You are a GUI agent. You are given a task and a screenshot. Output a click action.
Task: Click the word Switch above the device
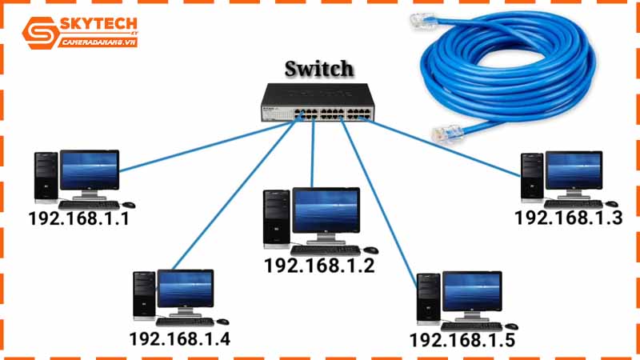318,69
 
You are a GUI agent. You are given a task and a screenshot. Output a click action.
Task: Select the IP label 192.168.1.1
78,218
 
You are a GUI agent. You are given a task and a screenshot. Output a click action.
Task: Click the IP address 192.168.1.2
319,266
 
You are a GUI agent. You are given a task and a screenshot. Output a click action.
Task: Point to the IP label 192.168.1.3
569,218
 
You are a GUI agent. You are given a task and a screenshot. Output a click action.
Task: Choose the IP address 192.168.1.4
179,338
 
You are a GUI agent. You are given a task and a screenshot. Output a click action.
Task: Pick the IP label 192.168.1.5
462,340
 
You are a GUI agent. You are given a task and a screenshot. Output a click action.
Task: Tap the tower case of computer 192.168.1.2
277,218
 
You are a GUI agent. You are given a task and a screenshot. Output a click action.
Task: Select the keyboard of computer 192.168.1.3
573,204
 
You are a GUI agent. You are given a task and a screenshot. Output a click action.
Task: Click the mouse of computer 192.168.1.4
222,322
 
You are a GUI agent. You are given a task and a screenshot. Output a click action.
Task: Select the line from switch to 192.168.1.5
379,202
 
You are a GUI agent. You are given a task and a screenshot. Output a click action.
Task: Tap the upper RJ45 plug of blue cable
423,20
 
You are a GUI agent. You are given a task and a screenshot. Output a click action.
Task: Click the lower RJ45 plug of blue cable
448,134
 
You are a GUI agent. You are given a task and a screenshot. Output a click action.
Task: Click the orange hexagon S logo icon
39,33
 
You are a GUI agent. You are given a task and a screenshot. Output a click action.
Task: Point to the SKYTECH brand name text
98,26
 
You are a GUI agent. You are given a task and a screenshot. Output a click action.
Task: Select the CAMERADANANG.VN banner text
98,42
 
